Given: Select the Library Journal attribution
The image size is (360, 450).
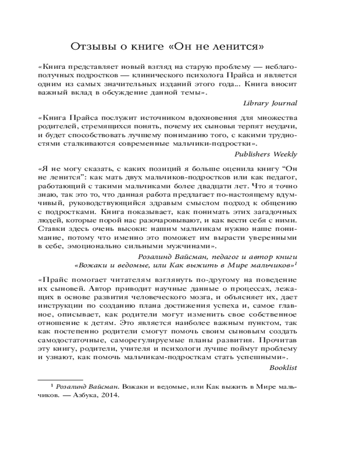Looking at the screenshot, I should point(270,103).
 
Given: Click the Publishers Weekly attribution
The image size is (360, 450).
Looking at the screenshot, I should point(266,154).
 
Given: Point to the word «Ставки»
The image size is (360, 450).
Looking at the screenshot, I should point(51,229).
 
